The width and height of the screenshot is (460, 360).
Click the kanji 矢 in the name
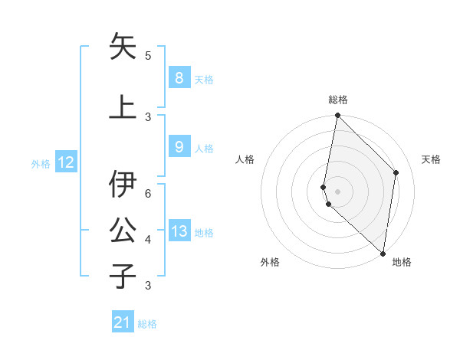point(123,47)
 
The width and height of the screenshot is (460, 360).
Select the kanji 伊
point(123,183)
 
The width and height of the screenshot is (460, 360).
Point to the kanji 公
point(123,228)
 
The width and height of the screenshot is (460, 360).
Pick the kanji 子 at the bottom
point(123,275)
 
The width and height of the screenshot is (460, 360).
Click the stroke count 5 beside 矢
point(148,56)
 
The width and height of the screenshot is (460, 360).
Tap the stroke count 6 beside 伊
point(148,193)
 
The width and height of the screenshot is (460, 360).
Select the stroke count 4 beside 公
point(148,239)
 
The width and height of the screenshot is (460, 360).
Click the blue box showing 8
point(179,77)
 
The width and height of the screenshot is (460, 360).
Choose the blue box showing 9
point(179,147)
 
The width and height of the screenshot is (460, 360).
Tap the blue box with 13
point(179,231)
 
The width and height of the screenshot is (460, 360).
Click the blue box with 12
point(66,162)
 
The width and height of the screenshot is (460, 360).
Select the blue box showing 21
point(123,322)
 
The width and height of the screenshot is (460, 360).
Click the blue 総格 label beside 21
point(147,324)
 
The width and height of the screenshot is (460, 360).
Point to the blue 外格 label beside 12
point(41,163)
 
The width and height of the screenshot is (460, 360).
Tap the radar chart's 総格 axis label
point(337,100)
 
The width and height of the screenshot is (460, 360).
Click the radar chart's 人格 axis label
point(245,159)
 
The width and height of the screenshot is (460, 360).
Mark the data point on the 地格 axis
point(383,254)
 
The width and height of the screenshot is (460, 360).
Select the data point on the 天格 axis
point(396,172)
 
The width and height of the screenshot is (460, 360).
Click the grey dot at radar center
point(337,191)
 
